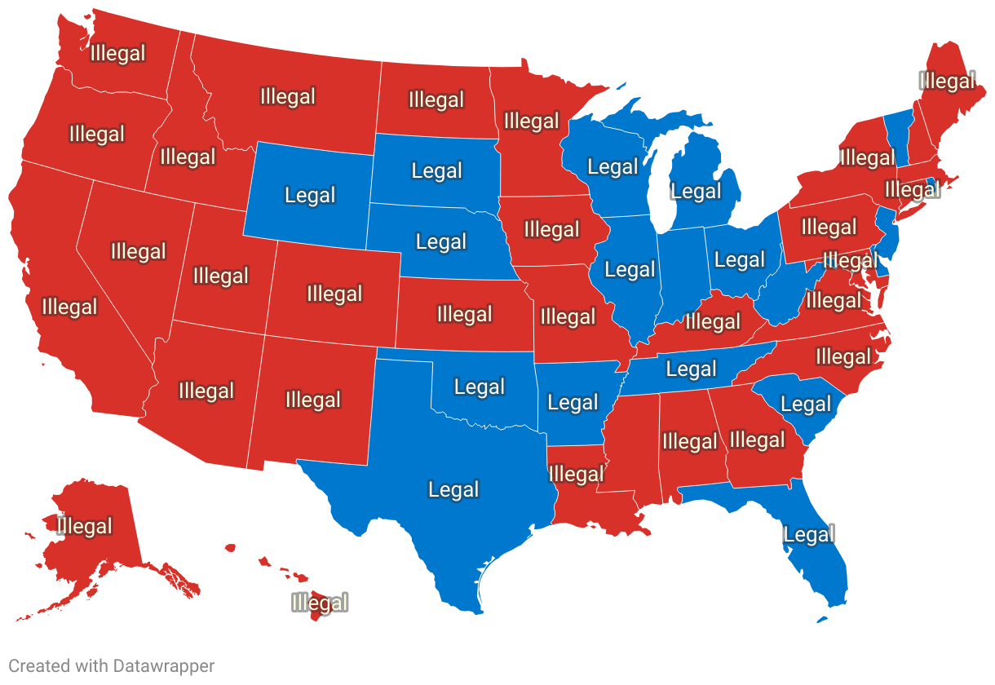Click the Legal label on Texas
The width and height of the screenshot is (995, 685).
tap(453, 489)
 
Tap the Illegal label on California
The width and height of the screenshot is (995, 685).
tap(69, 307)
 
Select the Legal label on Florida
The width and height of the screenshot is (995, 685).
tap(809, 535)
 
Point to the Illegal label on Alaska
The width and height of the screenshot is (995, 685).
tap(85, 526)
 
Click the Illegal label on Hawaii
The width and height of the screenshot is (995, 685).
tap(320, 603)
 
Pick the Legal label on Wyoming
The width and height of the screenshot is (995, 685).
tap(310, 196)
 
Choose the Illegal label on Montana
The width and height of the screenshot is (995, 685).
tap(287, 96)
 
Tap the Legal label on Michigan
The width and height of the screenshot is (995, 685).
tap(696, 192)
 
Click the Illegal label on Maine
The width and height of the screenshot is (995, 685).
tap(947, 82)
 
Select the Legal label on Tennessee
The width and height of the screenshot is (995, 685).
tap(691, 369)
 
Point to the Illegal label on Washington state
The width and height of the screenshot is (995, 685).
tap(118, 54)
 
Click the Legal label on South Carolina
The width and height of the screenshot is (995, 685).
tap(806, 404)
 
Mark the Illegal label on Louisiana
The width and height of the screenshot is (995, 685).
tap(577, 474)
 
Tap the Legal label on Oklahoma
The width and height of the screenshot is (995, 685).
tap(480, 387)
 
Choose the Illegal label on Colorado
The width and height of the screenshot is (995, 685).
tap(334, 294)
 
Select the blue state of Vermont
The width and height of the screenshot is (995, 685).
tap(898, 130)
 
